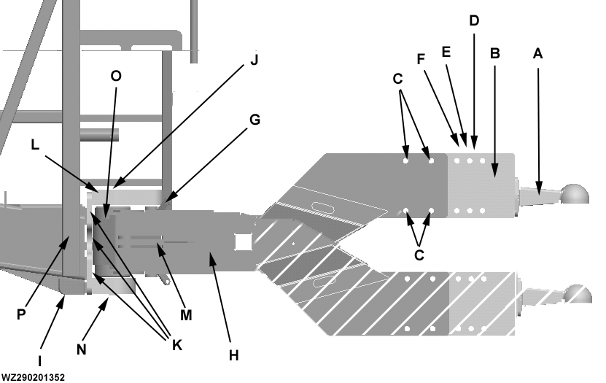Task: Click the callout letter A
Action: tap(538, 53)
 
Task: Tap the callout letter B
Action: tap(494, 53)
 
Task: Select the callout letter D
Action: tap(474, 20)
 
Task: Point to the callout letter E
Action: tap(447, 53)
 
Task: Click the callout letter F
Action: tap(421, 58)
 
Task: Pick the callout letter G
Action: tap(254, 118)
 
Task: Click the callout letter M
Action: tap(185, 315)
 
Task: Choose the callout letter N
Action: tap(81, 349)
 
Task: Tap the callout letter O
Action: tap(115, 76)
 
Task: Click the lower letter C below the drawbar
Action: tap(418, 255)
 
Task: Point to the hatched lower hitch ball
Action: tap(578, 294)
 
